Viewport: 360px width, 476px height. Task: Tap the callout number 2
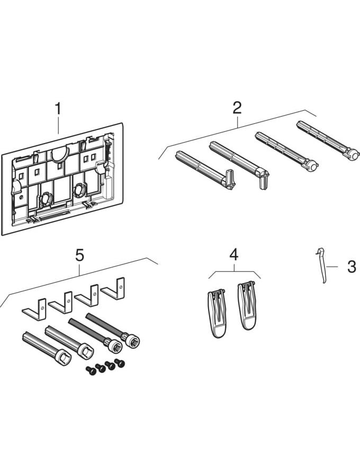point(237,108)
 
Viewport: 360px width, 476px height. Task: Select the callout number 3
point(352,267)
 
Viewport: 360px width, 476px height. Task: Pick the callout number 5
point(79,255)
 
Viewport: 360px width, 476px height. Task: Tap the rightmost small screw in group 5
point(120,363)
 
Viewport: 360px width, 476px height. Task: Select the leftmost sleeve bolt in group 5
point(44,346)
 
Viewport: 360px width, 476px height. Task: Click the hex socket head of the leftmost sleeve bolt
point(62,357)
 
